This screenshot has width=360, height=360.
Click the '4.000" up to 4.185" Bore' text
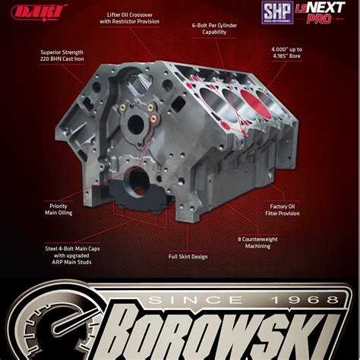(293, 55)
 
